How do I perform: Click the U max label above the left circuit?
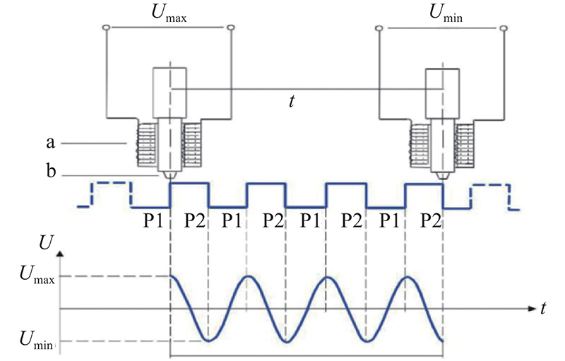pos(169,13)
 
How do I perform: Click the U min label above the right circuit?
pos(446,13)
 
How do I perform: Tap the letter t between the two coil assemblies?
pos(292,102)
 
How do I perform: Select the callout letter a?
pos(51,143)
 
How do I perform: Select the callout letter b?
pos(51,170)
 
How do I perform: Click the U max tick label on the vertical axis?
pos(37,276)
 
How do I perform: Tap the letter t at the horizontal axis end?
pos(543,309)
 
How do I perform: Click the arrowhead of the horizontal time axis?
pos(533,309)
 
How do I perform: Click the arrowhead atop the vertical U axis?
pos(60,254)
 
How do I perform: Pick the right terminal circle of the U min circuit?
pos(504,28)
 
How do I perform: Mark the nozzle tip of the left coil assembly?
pos(169,176)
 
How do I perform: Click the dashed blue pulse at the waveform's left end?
pos(105,194)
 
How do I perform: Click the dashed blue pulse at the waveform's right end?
pos(494,197)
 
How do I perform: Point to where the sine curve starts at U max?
pos(170,276)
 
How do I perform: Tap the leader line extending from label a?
pos(94,143)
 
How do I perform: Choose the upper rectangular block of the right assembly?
pos(443,94)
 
